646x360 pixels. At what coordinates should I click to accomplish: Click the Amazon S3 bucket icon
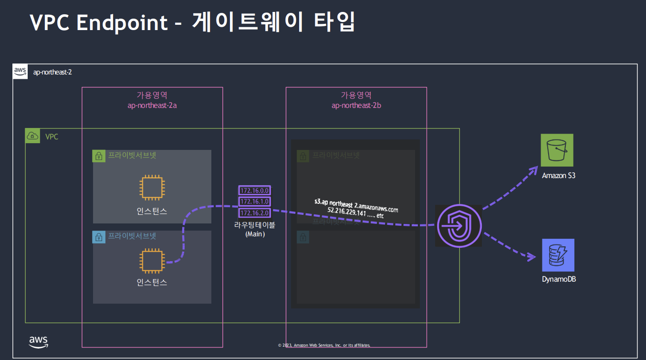557,150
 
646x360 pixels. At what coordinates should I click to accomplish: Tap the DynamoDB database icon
558,255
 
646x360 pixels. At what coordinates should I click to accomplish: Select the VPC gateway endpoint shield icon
458,226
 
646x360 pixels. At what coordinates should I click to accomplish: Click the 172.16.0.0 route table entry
254,191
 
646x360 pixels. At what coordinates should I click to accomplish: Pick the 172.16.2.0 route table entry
254,213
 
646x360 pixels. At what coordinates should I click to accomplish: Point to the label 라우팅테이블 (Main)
255,230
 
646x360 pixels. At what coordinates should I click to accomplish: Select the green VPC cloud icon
32,136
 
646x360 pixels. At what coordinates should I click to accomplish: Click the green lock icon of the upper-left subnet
99,156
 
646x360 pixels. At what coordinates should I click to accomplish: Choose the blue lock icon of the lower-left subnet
99,237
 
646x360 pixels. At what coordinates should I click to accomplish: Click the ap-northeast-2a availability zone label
152,106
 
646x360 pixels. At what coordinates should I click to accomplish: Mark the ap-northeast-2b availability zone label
356,106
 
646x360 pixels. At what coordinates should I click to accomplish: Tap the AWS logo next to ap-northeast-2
20,72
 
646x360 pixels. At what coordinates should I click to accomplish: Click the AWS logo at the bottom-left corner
38,341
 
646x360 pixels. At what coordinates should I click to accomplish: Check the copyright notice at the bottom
324,345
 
